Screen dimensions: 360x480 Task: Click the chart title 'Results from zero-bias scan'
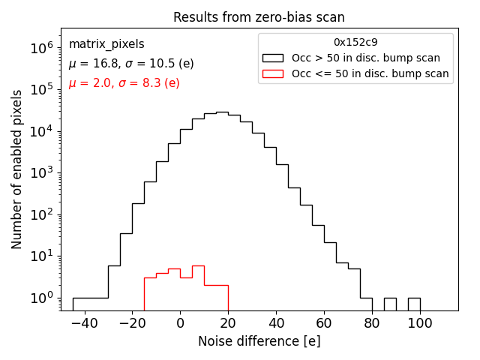[x=259, y=17]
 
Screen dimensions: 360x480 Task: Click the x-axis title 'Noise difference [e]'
[x=259, y=341]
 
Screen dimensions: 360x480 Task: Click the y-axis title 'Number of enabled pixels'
[x=16, y=169]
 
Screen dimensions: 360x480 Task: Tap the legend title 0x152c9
[x=355, y=43]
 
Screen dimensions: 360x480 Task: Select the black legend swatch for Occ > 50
[x=271, y=58]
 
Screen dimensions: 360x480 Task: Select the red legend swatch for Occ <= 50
[x=271, y=73]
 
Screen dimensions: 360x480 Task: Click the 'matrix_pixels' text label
[x=106, y=44]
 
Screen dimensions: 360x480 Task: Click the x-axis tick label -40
[x=84, y=322]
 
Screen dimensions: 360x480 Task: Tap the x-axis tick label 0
[x=180, y=322]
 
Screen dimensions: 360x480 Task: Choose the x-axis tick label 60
[x=324, y=322]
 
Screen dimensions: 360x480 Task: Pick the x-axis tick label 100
[x=420, y=322]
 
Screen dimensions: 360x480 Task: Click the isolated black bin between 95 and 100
[x=414, y=304]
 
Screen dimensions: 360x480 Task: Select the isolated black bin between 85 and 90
[x=390, y=304]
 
